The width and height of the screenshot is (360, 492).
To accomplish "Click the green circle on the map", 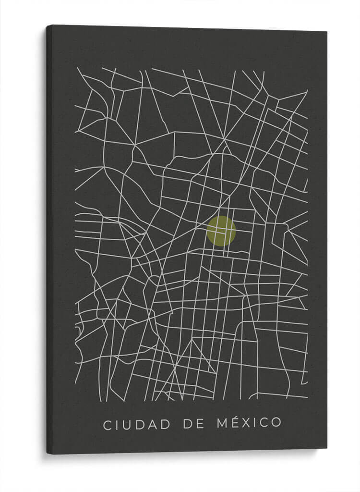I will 221,231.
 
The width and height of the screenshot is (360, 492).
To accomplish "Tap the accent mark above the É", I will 229,417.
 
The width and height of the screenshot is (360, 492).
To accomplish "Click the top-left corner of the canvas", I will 47,25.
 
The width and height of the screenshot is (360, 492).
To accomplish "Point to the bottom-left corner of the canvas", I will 47,454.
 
